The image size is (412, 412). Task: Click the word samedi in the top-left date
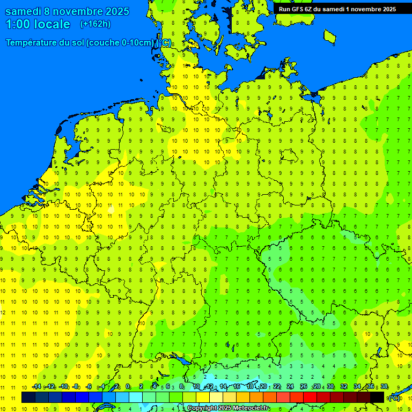coord(26,11)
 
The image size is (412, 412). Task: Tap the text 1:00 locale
coord(38,24)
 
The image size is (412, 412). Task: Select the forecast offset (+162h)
coord(95,24)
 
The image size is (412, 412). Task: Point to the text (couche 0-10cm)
coord(120,43)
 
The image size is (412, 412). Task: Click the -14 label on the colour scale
coord(36,387)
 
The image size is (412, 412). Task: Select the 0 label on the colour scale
coord(128,387)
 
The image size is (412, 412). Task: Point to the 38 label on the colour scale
coord(384,387)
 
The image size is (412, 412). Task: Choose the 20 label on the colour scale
coord(263,387)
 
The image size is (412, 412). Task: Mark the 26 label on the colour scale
coord(304,387)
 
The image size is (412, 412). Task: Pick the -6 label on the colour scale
coord(89,387)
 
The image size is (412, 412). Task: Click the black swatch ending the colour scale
coord(377,397)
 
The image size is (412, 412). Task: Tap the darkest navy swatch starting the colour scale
coord(28,397)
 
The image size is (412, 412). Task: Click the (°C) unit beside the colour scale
coord(394,398)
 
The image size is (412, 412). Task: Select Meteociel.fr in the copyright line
coord(251,408)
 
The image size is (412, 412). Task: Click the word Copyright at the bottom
coord(202,408)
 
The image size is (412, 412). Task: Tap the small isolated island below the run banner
coord(330,36)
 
